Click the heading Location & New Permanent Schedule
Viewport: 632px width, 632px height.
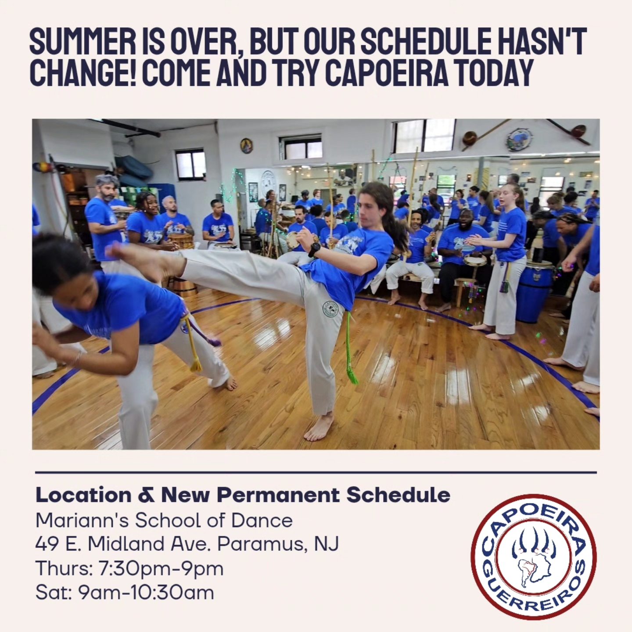pyautogui.click(x=243, y=495)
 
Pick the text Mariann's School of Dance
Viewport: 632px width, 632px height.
pyautogui.click(x=164, y=520)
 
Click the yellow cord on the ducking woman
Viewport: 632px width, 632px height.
pyautogui.click(x=191, y=345)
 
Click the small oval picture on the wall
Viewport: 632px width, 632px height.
pyautogui.click(x=246, y=145)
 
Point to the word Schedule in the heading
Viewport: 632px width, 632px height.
pyautogui.click(x=399, y=495)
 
